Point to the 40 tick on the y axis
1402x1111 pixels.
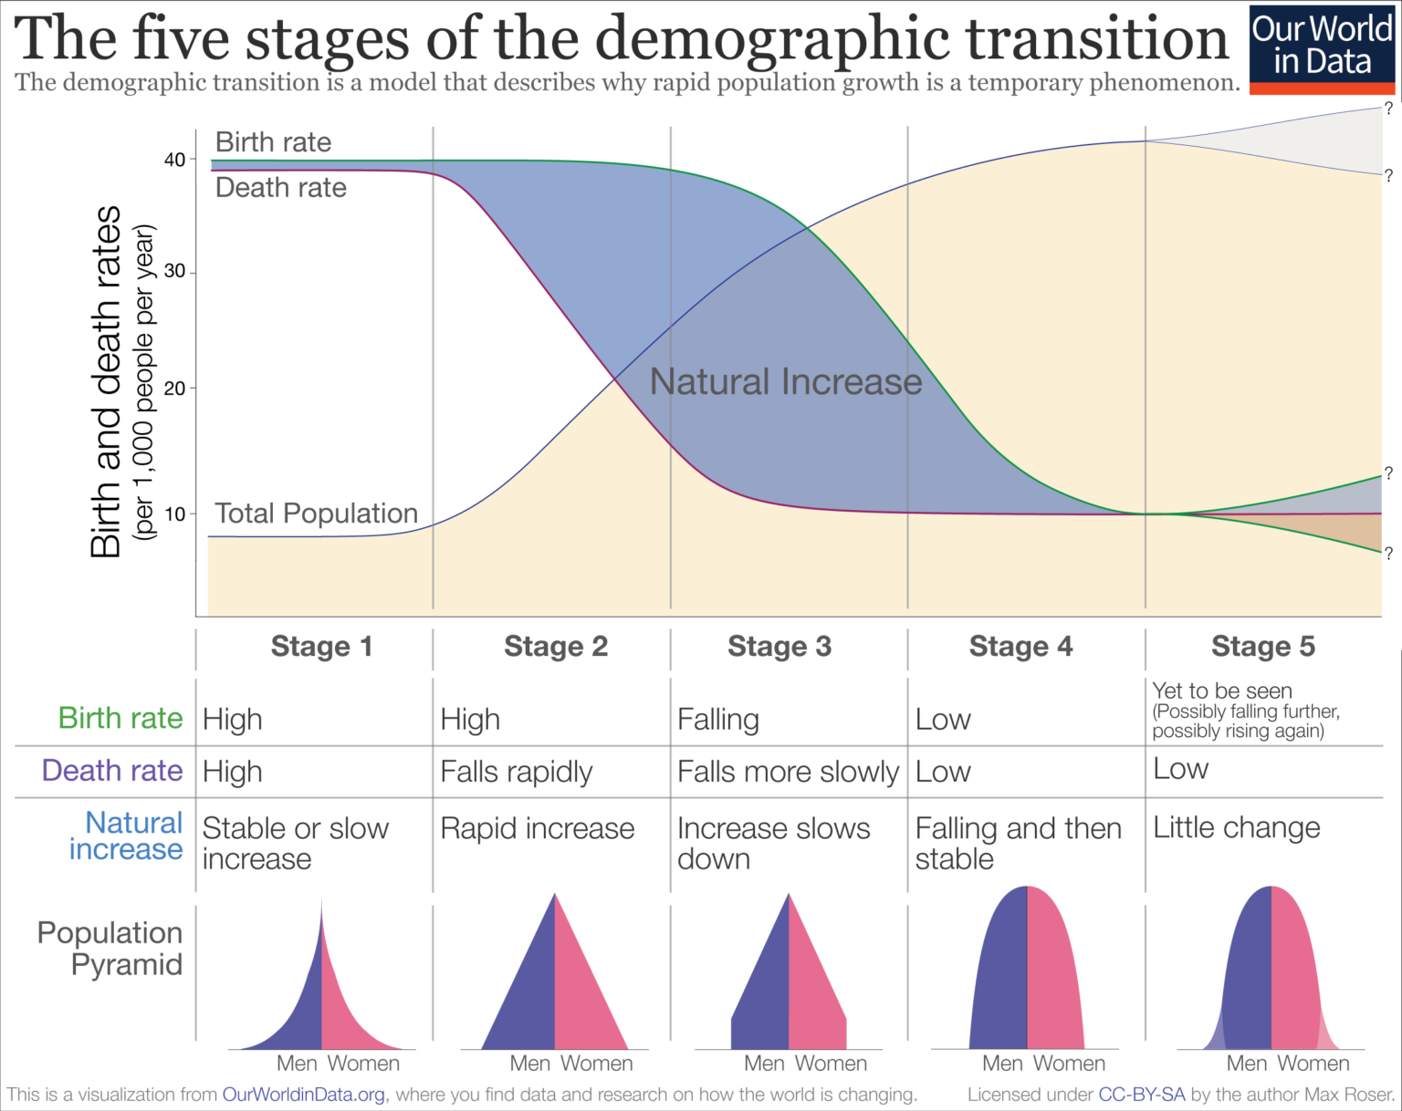174,160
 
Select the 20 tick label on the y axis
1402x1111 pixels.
174,388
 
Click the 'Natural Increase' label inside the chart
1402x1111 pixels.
786,381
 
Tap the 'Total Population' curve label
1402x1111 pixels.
316,513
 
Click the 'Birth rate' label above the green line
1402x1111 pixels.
273,142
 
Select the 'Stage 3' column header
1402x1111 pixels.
779,646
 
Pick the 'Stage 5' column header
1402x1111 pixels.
1263,646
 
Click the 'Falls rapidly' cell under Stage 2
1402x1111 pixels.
517,772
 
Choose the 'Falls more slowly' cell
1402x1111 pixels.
788,772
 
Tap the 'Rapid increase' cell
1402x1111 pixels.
537,828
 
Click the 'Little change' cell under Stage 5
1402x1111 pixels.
1236,827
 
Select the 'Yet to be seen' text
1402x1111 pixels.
1221,690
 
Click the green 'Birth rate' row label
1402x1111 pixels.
120,718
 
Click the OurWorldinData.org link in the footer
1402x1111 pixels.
303,1094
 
